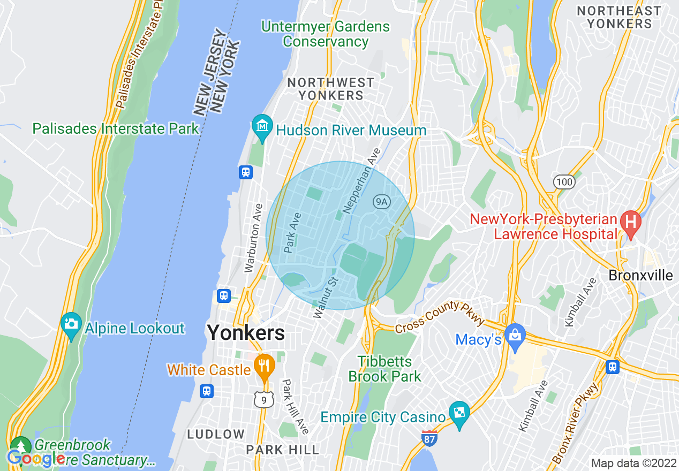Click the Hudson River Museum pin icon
(262, 127)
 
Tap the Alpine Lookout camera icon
(71, 324)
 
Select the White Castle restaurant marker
(264, 366)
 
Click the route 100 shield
(564, 182)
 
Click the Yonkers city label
(246, 333)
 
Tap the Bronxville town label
(641, 276)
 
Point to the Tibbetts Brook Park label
(384, 369)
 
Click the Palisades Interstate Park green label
(116, 129)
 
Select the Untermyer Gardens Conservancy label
(326, 34)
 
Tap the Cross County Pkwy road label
(440, 316)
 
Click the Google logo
(36, 458)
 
